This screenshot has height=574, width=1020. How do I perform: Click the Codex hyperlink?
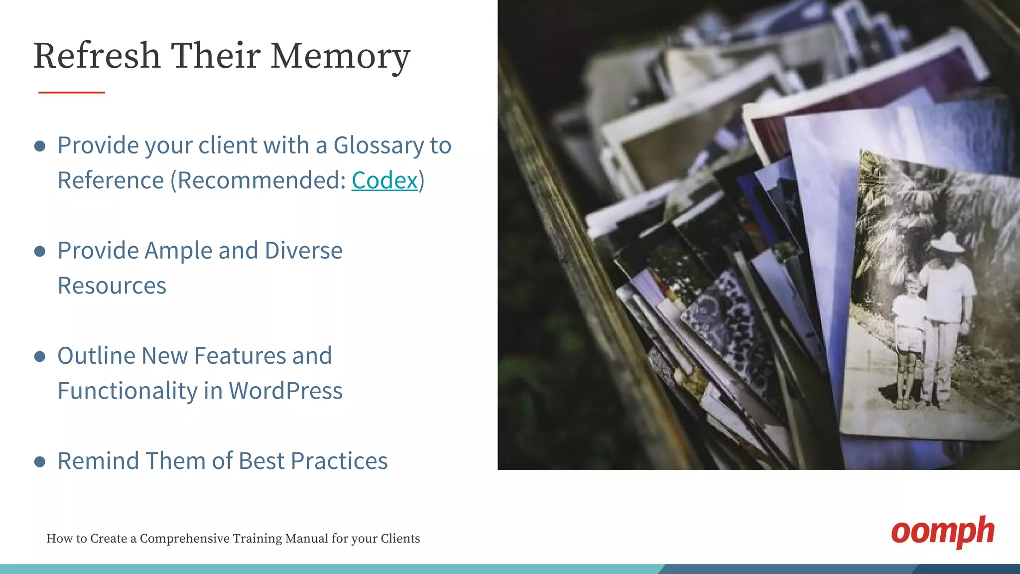(x=384, y=180)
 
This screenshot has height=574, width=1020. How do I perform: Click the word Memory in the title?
(x=340, y=56)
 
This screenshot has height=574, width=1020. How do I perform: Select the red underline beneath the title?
(x=72, y=92)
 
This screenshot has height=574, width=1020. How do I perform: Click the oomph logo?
(x=942, y=532)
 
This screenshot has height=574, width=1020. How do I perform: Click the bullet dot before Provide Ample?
(x=40, y=251)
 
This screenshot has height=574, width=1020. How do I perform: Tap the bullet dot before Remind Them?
(x=40, y=461)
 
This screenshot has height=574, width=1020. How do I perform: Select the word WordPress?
(x=285, y=391)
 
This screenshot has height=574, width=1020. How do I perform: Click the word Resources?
(x=112, y=286)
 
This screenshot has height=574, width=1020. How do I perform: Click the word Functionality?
(x=127, y=391)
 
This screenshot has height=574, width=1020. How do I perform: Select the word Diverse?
(x=304, y=251)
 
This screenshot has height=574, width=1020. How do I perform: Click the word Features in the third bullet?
(x=240, y=356)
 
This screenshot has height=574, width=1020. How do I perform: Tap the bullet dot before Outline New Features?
(x=40, y=356)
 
